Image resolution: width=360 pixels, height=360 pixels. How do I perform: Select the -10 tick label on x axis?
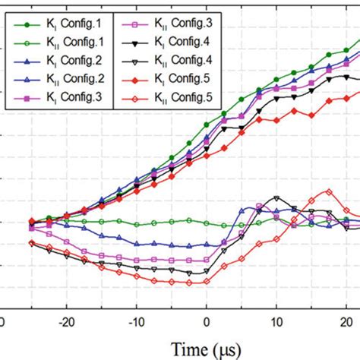coord(137,321)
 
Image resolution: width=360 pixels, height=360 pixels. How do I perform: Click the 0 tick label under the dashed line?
coord(207,321)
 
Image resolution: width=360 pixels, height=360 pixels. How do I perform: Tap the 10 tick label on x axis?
coord(276,321)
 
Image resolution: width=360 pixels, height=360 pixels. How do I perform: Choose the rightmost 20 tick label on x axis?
coord(345,321)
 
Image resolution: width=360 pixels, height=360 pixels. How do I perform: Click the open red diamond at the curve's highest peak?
coord(329,191)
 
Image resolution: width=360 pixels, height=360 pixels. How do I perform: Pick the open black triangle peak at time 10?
coord(276,198)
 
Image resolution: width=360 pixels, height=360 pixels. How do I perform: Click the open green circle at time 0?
coord(207,222)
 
